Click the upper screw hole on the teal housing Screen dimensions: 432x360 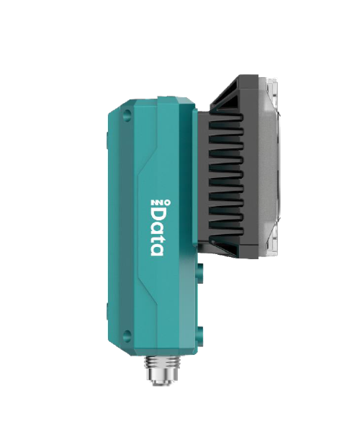[x=127, y=114]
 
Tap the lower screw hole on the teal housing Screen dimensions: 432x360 [x=127, y=333]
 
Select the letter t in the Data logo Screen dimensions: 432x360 [x=156, y=236]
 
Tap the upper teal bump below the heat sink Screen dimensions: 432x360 [x=200, y=274]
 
